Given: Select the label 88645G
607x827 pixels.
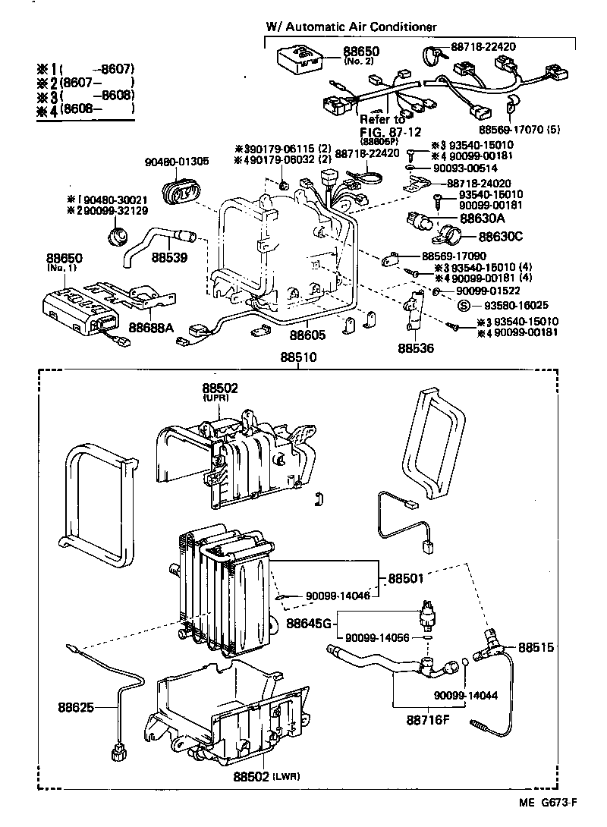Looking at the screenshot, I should (x=310, y=623).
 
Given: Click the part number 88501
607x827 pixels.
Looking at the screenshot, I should (x=407, y=578).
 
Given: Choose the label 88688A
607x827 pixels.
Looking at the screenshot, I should (x=151, y=327).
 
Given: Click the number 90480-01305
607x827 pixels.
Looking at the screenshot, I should (x=176, y=161).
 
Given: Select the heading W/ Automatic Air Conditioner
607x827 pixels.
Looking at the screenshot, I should (x=351, y=27).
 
